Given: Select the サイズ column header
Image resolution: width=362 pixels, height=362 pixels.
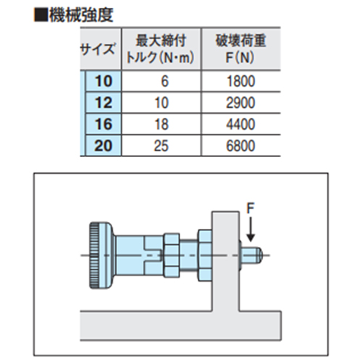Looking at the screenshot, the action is click(97, 49).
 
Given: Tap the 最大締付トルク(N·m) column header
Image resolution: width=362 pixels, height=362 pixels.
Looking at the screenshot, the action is click(161, 49).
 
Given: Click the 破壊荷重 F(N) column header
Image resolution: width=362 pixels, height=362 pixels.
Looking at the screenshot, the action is click(240, 49).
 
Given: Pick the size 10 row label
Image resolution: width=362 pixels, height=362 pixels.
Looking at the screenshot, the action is click(104, 81).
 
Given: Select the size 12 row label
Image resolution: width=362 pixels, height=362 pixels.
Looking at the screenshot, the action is click(104, 103).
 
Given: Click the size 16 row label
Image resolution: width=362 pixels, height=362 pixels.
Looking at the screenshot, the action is click(104, 124).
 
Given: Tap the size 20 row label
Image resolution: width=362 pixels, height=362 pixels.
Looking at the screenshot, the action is click(104, 146).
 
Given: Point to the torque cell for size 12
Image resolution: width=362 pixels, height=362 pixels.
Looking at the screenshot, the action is click(161, 103).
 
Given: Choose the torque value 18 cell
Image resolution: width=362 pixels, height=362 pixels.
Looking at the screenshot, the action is click(161, 125).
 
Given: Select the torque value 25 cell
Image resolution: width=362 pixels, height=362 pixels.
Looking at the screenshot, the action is click(161, 146).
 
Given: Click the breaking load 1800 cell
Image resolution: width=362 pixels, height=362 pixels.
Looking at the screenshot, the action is click(241, 81).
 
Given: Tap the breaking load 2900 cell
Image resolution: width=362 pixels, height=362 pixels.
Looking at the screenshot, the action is click(240, 103).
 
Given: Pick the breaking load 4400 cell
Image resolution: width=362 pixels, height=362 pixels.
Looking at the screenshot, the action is click(240, 125).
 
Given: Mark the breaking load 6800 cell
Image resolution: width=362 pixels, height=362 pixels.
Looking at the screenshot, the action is click(240, 146).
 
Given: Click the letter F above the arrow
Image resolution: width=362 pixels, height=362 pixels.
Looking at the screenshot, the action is click(251, 208).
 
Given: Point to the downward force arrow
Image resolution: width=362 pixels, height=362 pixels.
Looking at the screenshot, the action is click(251, 230).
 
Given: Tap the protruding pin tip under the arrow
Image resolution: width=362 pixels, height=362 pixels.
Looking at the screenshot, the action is click(252, 256).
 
